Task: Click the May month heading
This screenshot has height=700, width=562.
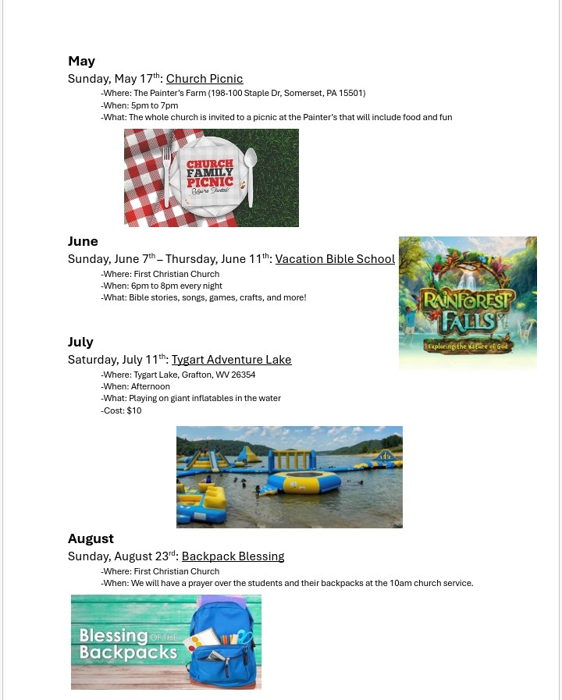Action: [82, 61]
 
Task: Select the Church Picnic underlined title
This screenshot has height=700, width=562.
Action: [205, 79]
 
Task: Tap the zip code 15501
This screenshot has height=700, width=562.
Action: [351, 94]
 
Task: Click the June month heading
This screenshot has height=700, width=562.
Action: [83, 241]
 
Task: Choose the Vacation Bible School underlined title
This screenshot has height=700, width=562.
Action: [335, 259]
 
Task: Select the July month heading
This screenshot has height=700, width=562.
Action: [80, 342]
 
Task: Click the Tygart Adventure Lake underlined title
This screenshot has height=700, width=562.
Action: [231, 360]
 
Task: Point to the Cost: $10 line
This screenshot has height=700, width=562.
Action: [121, 410]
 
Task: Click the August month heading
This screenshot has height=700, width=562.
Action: [91, 538]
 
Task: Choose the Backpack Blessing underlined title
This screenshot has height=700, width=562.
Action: [233, 556]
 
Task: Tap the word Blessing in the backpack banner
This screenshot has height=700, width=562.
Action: [113, 635]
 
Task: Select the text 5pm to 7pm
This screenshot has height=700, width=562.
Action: [154, 105]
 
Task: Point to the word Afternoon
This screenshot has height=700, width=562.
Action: [151, 386]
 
